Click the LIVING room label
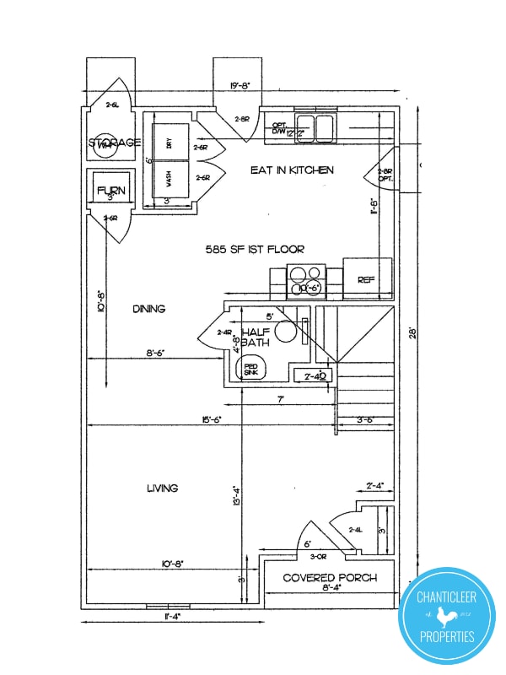pos(162,489)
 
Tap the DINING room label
pos(148,309)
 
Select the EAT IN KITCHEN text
pos(292,170)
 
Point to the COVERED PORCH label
pos(330,578)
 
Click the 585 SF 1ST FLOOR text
pos(254,250)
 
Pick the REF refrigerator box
pos(367,278)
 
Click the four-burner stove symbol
pos(307,276)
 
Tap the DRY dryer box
pos(170,143)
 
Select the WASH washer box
pos(170,181)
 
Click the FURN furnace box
pos(110,192)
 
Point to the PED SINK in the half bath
pos(251,367)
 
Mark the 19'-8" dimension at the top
pos(241,85)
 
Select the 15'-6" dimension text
pos(212,419)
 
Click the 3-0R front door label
pos(319,557)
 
